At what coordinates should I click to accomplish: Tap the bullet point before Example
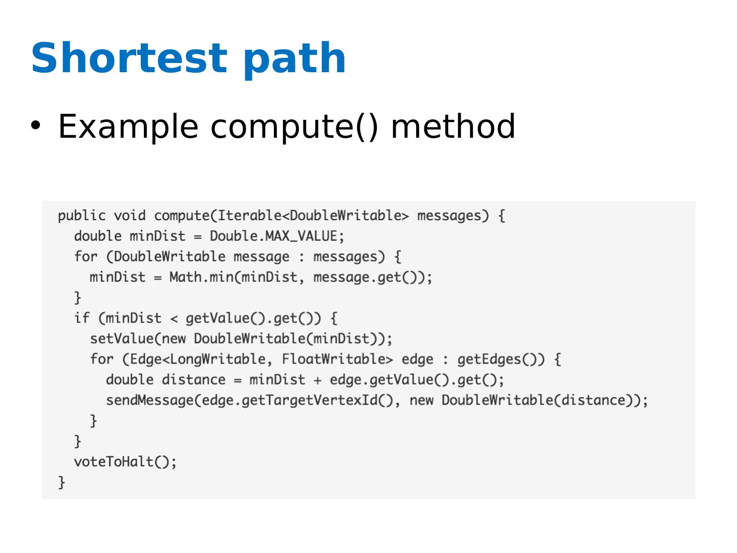[x=35, y=125]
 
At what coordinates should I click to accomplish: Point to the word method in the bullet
[x=452, y=126]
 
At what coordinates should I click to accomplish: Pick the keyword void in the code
[x=129, y=216]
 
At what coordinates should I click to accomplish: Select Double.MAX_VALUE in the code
[x=273, y=237]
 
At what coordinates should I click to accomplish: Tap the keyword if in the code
[x=81, y=318]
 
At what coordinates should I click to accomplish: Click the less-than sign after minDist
[x=174, y=319]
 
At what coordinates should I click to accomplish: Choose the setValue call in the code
[x=122, y=338]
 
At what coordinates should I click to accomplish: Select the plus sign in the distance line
[x=317, y=380]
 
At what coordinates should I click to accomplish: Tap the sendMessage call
[x=149, y=400]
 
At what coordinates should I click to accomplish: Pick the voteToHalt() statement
[x=125, y=462]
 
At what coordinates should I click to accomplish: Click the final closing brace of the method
[x=61, y=482]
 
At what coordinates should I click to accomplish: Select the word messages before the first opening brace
[x=449, y=216]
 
